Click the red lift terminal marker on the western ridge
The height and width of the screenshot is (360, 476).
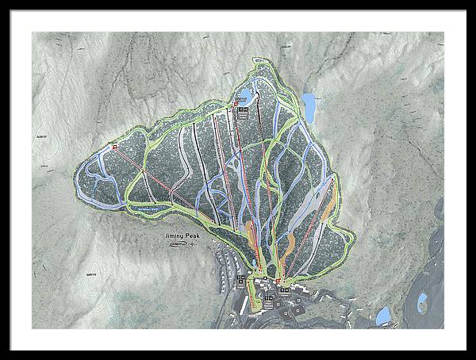114,147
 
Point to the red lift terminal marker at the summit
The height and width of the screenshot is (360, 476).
236,103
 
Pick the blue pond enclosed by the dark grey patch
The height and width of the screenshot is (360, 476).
422,300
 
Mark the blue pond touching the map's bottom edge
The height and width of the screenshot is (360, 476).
383,316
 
